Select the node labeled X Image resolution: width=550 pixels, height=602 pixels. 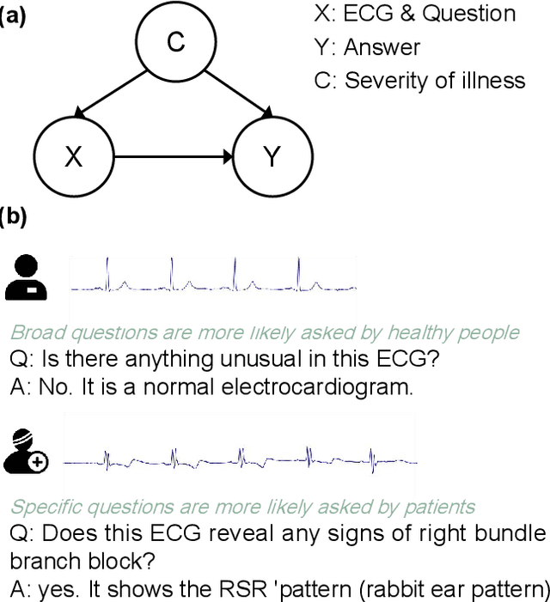[73, 157]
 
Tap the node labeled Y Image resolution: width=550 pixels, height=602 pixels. [272, 157]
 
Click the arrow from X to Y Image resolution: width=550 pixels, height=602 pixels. [173, 157]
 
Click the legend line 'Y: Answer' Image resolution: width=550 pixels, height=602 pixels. [368, 47]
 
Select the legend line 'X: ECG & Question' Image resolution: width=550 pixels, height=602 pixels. [415, 15]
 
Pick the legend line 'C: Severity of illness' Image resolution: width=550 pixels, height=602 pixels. [419, 81]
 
